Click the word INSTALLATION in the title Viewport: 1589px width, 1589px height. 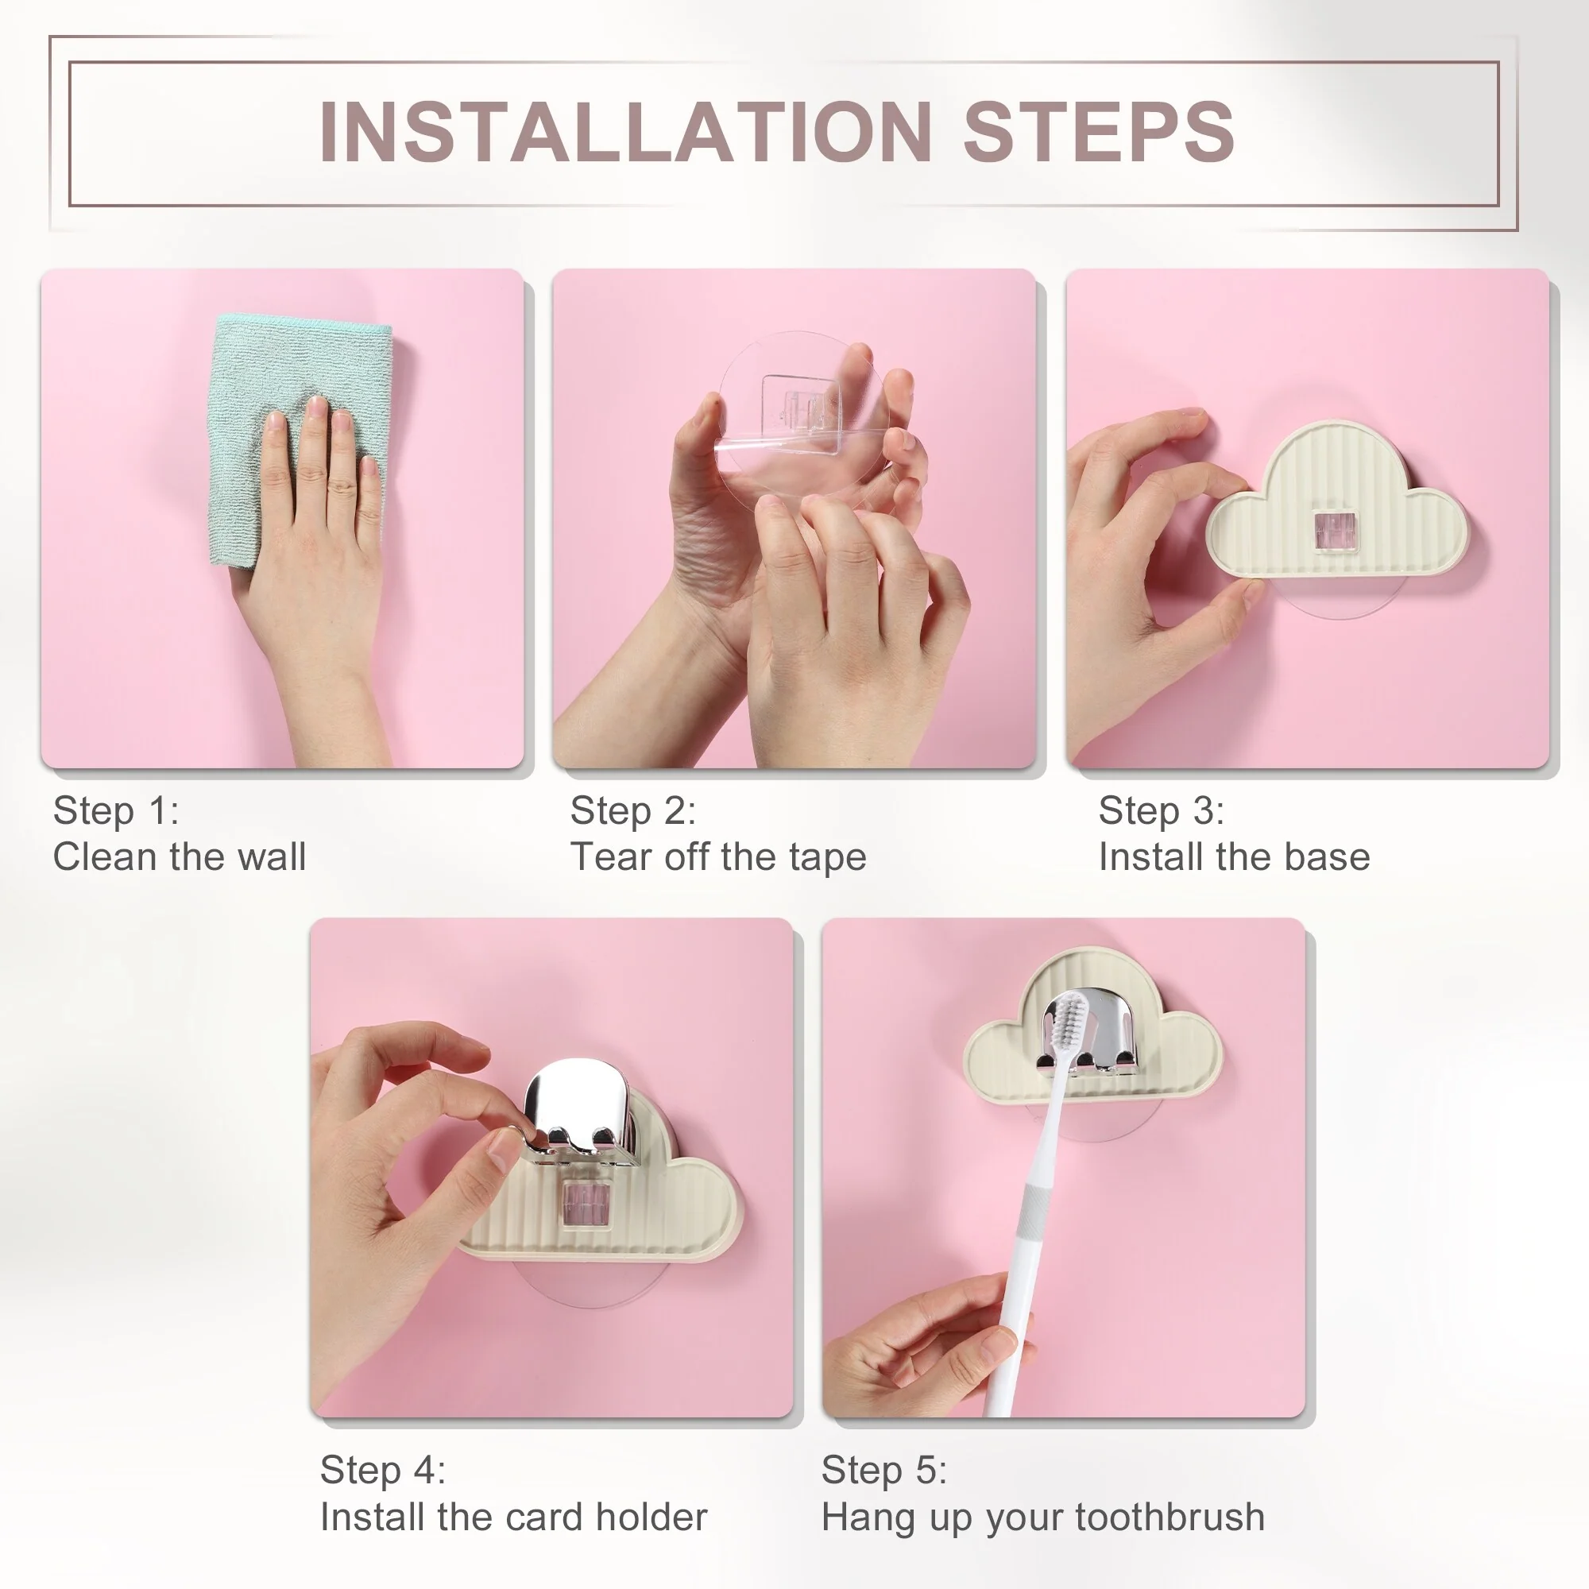[625, 132]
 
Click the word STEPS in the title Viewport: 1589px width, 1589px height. [1098, 132]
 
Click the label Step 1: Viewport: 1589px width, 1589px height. [116, 811]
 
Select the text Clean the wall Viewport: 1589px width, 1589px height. [180, 857]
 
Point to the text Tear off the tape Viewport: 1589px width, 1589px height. [718, 858]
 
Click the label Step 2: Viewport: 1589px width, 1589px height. [633, 811]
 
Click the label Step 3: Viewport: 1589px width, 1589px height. [1162, 811]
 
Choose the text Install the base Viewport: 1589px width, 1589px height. [1235, 857]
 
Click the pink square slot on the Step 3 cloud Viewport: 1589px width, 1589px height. [1334, 531]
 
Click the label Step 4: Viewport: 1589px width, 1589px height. [382, 1471]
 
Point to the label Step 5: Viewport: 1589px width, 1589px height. [884, 1471]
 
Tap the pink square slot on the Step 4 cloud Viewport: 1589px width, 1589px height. [586, 1206]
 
